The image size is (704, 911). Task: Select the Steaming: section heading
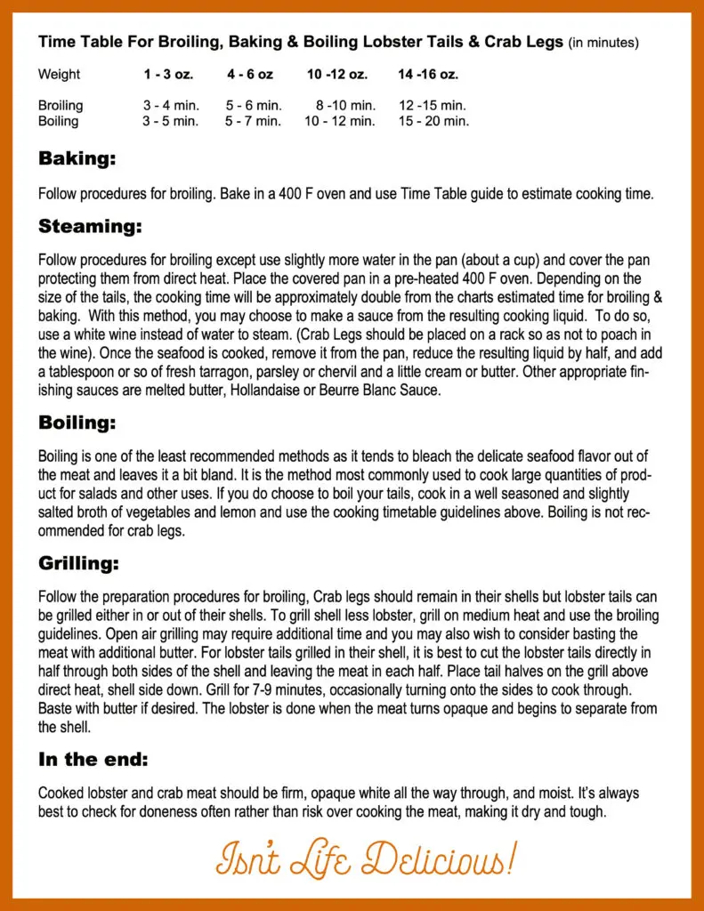90,227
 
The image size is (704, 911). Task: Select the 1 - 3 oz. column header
168,75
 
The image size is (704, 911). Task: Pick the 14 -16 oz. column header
428,75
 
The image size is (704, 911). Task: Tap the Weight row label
59,75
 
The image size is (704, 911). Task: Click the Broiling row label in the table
61,106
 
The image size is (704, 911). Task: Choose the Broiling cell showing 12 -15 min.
432,106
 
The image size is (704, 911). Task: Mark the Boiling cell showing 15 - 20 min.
433,121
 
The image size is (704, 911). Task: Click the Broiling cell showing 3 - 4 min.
171,106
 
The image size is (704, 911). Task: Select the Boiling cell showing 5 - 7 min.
253,121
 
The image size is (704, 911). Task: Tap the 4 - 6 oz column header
249,75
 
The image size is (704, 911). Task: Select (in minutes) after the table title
603,42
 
